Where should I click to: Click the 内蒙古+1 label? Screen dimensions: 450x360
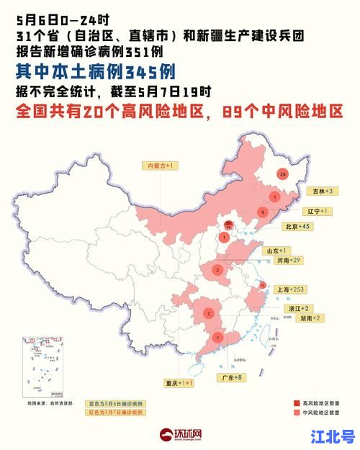pos(162,166)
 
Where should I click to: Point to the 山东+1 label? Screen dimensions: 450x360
pos(278,250)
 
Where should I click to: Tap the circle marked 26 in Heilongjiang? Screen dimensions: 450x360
pos(282,174)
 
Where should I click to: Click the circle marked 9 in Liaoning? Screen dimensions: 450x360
pos(264,212)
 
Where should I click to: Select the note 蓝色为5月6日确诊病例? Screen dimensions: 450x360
pos(117,404)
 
